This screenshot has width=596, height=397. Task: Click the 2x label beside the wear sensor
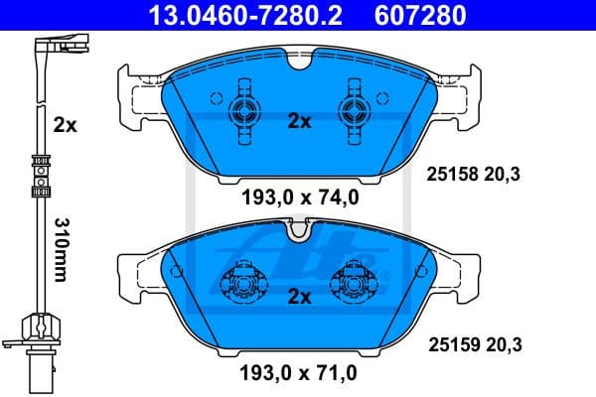tap(65, 126)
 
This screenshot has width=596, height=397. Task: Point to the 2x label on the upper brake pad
tap(299, 121)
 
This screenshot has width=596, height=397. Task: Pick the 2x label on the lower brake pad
tap(299, 296)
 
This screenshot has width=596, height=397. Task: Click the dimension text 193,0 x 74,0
tap(299, 197)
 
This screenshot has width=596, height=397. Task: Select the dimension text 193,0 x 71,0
tap(299, 374)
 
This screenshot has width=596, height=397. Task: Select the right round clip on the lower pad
tap(354, 284)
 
